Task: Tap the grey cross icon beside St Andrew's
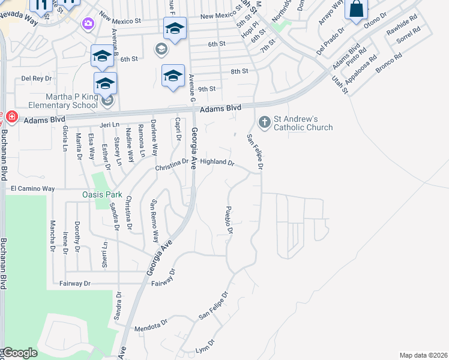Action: pyautogui.click(x=264, y=123)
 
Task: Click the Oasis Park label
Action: pyautogui.click(x=102, y=195)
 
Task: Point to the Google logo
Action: pyautogui.click(x=20, y=353)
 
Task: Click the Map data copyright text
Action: pyautogui.click(x=423, y=355)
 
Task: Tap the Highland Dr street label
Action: pyautogui.click(x=216, y=162)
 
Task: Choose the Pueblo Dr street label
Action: pyautogui.click(x=229, y=220)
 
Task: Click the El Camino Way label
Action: pyautogui.click(x=33, y=188)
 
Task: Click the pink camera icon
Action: pyautogui.click(x=89, y=23)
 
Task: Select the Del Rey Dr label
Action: pyautogui.click(x=34, y=78)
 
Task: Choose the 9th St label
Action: pyautogui.click(x=206, y=89)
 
